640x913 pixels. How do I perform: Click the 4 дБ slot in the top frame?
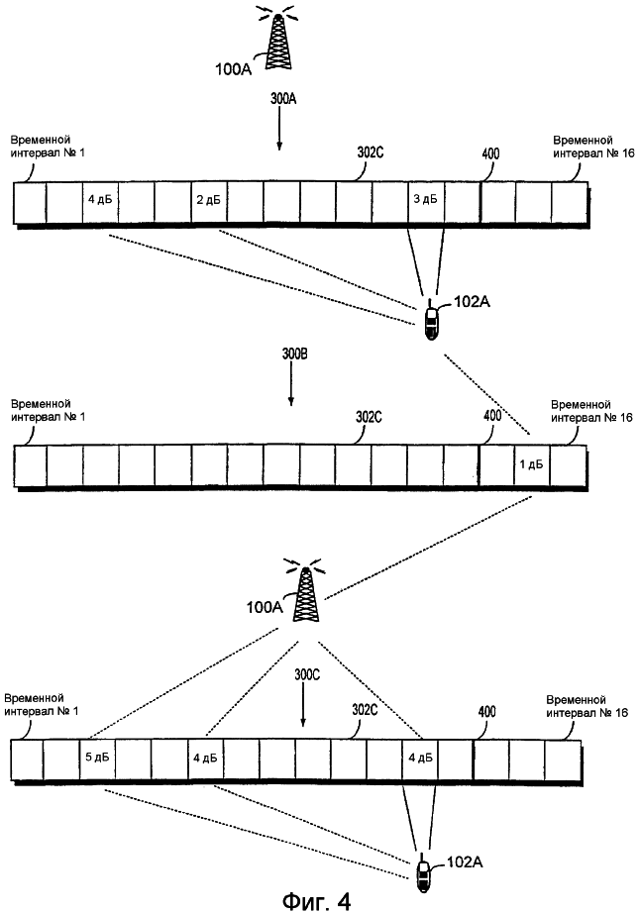[99, 200]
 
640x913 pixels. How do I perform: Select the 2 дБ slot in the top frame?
[208, 200]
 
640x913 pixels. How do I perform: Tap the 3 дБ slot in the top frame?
[424, 200]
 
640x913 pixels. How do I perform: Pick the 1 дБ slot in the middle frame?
[531, 464]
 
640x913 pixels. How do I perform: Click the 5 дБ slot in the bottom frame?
[96, 760]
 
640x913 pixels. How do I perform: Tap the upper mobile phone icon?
[432, 322]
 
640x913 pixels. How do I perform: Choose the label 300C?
[308, 675]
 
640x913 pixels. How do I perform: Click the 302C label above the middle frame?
[369, 417]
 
